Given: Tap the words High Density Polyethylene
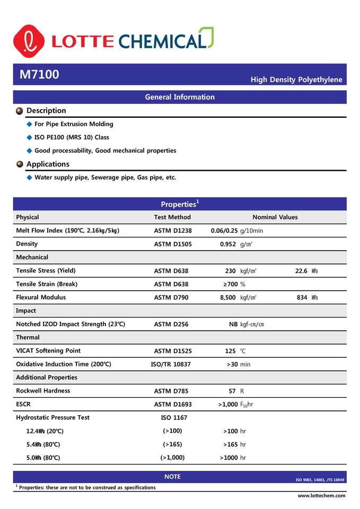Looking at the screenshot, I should (296, 80).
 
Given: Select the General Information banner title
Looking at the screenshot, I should (180, 97).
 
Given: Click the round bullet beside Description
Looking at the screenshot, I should (20, 111).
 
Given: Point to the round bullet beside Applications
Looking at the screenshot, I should (20, 164).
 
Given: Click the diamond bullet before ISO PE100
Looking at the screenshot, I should (30, 137).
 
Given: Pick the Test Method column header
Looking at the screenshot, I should (172, 217).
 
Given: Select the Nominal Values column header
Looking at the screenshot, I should (275, 217).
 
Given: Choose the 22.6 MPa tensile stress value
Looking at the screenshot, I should (301, 271).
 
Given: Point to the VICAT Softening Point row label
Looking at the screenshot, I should (48, 351).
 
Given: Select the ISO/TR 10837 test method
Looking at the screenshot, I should (171, 364).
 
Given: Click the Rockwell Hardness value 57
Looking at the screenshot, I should (232, 391).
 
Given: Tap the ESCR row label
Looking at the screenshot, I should (23, 405).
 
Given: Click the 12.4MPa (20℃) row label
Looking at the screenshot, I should (43, 431).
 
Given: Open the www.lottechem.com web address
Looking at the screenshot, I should (321, 495).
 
